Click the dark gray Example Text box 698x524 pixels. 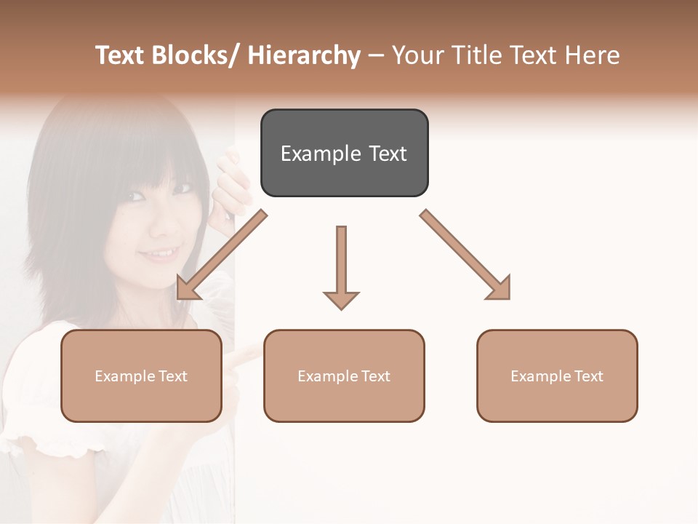[344, 153]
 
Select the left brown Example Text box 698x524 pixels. [141, 376]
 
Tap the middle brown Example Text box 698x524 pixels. [344, 376]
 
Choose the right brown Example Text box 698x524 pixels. [557, 376]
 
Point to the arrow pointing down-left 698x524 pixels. [222, 255]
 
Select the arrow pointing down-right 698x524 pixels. [465, 255]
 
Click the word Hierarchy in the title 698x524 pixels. [304, 55]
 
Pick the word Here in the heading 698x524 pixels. [592, 55]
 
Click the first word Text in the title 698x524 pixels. [120, 55]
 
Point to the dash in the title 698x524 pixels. [376, 56]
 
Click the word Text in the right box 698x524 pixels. [588, 376]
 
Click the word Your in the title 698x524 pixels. [417, 55]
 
